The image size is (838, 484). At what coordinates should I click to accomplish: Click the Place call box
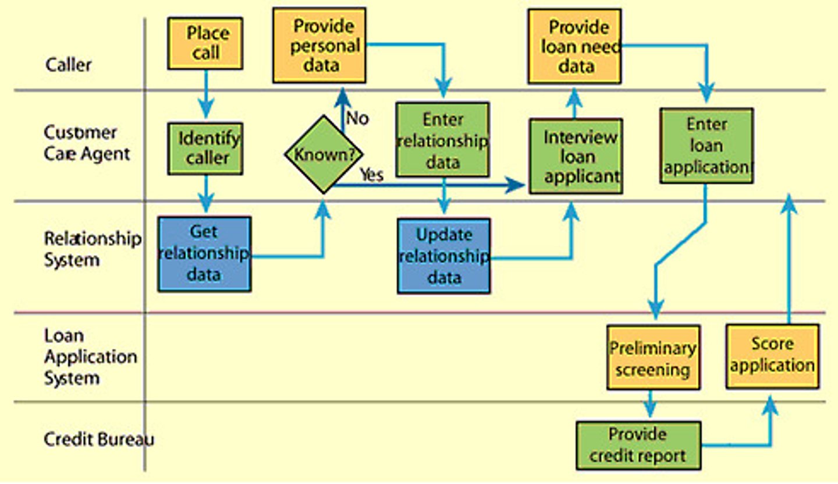[x=205, y=44]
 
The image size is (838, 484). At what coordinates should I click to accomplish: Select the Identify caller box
[x=205, y=149]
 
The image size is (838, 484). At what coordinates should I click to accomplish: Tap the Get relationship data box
[x=204, y=254]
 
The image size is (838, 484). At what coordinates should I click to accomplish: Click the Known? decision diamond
[x=324, y=154]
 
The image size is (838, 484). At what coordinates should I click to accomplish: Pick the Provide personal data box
[x=319, y=45]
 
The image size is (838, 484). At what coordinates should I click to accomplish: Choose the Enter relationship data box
[x=442, y=140]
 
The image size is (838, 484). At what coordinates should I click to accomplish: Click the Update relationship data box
[x=443, y=256]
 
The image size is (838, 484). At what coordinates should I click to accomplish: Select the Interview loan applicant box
[x=576, y=156]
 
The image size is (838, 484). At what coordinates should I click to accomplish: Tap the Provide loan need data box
[x=574, y=46]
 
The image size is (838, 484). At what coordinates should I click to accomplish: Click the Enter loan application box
[x=706, y=146]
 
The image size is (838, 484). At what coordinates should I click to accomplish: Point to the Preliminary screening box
[x=653, y=357]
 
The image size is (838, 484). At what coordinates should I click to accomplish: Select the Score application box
[x=772, y=356]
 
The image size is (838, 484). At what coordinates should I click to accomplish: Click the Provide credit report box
[x=638, y=446]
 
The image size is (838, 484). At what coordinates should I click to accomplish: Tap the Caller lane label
[x=69, y=64]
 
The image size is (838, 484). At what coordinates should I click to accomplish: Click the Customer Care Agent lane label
[x=87, y=143]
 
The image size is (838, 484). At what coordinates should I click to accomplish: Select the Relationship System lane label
[x=92, y=249]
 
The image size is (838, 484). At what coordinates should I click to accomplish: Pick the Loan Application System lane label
[x=90, y=356]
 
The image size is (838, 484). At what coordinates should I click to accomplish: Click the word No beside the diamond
[x=357, y=118]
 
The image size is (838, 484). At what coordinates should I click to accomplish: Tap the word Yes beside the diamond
[x=371, y=174]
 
